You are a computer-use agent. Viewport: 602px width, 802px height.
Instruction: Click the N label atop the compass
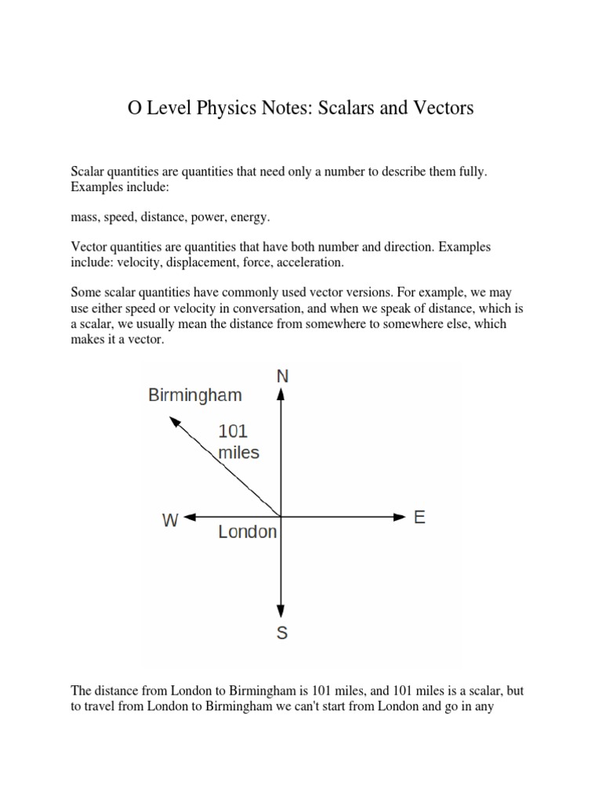(282, 376)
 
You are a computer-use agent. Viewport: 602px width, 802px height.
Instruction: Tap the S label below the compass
(282, 633)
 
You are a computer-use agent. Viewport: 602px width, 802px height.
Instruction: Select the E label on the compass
(419, 518)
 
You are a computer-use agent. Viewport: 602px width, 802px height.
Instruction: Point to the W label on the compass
(170, 520)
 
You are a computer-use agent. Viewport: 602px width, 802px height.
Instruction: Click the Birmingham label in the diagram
(195, 396)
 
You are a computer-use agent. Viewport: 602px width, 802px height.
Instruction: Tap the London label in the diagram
(247, 533)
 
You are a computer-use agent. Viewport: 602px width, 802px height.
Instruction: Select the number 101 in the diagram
(233, 431)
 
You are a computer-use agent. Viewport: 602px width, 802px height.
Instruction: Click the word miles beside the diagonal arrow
(238, 452)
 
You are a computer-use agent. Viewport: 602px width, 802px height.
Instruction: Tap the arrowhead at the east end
(397, 517)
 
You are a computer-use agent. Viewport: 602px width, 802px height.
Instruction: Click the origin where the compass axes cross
(281, 517)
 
